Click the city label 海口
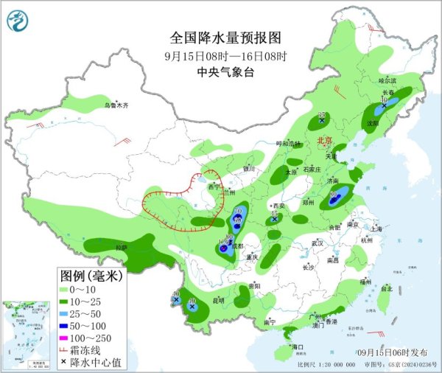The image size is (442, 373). [298, 346]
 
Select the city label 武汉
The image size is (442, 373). [318, 243]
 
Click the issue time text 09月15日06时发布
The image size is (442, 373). [395, 353]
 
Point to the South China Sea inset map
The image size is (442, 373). [24, 331]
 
